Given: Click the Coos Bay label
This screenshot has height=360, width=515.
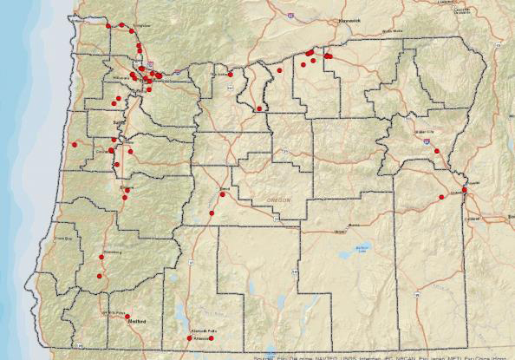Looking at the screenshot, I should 62,237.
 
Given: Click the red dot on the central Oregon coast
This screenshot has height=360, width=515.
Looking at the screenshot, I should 75,144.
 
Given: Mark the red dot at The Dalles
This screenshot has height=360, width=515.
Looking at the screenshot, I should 231,75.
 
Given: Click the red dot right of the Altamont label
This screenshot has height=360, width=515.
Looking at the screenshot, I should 211,338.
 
